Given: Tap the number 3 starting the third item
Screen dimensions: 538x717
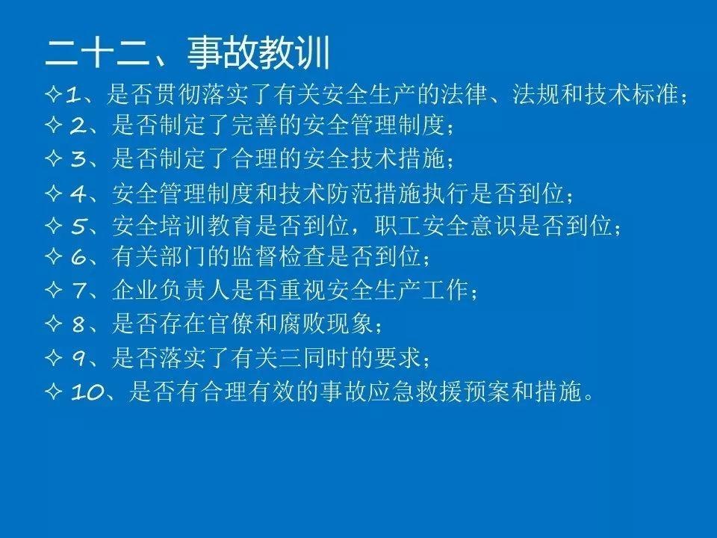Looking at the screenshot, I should [78, 158].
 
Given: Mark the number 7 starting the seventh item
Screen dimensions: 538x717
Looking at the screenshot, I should [78, 290].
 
